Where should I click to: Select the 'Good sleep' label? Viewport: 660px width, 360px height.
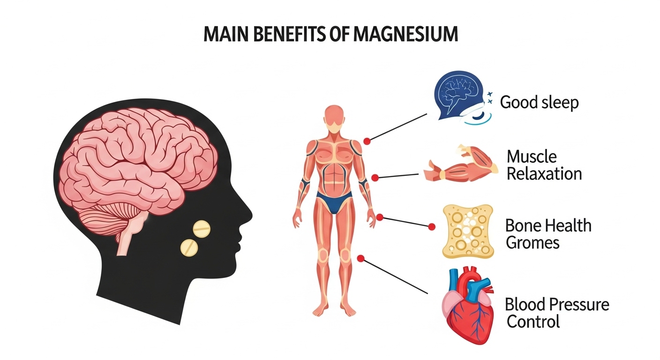click(x=539, y=102)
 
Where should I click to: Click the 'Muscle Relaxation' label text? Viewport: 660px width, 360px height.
click(x=544, y=165)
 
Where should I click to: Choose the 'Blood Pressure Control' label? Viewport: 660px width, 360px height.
click(x=556, y=313)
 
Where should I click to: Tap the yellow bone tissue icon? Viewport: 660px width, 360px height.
click(x=461, y=231)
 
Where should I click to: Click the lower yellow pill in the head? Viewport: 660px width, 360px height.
click(x=189, y=247)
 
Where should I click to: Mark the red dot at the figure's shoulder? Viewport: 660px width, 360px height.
click(x=367, y=141)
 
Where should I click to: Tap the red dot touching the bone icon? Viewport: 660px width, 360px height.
click(x=432, y=226)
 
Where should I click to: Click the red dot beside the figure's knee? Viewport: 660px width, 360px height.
click(x=360, y=258)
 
